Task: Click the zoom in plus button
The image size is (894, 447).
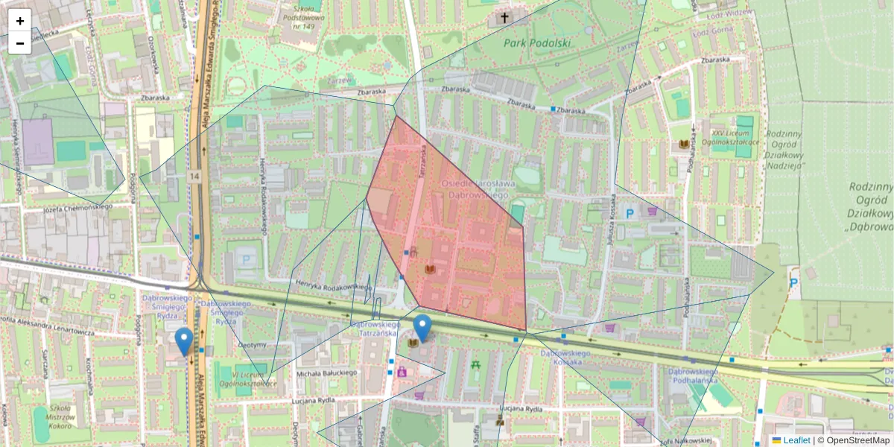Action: [x=20, y=21]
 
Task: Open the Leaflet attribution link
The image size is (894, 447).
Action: [x=796, y=440]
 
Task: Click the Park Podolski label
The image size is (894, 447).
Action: [x=536, y=42]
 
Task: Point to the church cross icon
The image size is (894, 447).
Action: [x=504, y=17]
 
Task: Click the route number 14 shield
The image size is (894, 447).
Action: [x=195, y=176]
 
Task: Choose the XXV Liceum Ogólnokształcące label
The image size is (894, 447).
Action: [x=734, y=136]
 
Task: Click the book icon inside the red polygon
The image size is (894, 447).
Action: [x=430, y=268]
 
